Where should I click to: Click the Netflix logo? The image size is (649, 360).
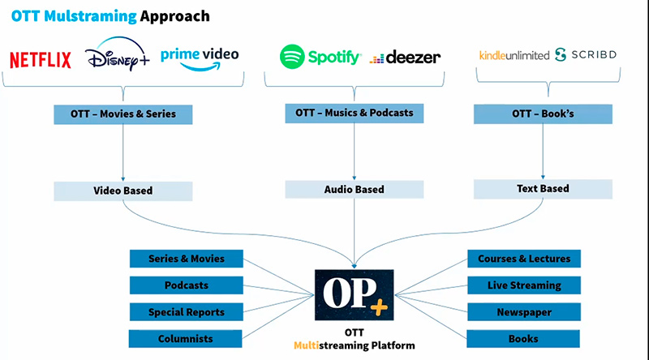(x=40, y=59)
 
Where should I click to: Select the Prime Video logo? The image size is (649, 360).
(x=200, y=58)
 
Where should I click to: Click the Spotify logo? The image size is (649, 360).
(x=320, y=57)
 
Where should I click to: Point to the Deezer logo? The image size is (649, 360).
(x=405, y=58)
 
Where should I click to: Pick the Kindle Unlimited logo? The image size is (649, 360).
(x=514, y=55)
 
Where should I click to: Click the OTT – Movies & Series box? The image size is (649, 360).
(x=123, y=114)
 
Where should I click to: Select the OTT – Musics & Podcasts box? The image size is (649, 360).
(x=355, y=113)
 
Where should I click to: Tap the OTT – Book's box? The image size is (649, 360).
(x=543, y=114)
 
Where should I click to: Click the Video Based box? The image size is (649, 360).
(x=123, y=191)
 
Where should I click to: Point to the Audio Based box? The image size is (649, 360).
(x=354, y=190)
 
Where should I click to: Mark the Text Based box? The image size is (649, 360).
(x=543, y=189)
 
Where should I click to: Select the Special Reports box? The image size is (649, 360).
(x=187, y=312)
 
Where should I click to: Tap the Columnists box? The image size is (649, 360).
(x=187, y=339)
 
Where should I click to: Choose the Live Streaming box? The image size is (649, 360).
(x=523, y=285)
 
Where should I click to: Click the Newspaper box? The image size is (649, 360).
(x=523, y=312)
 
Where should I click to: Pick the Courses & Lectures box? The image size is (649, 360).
(x=523, y=259)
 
